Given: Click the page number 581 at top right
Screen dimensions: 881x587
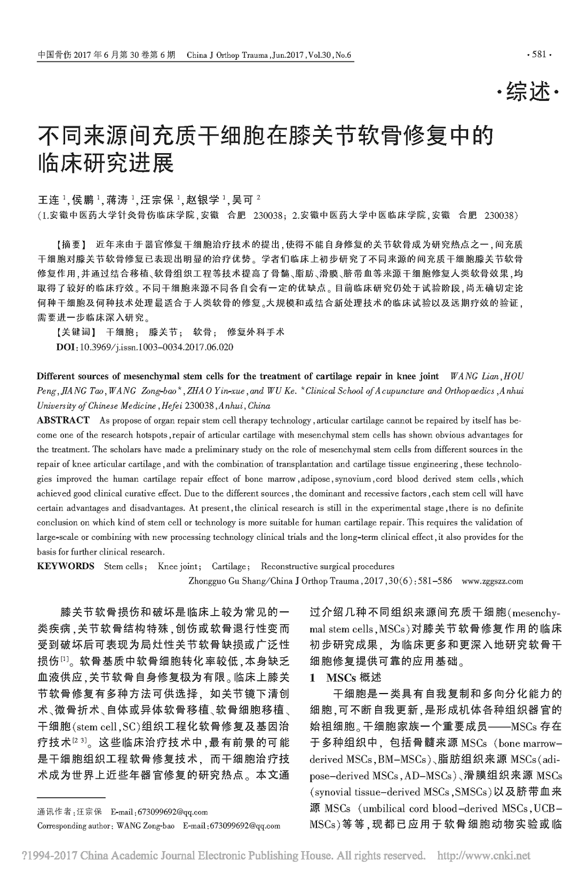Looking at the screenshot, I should [x=539, y=54].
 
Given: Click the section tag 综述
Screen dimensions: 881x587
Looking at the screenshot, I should [x=529, y=93].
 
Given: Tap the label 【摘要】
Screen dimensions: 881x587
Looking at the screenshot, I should [x=70, y=245].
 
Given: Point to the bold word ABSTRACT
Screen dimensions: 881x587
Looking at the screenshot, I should [x=63, y=420].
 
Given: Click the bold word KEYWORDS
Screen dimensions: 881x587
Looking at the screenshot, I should [x=66, y=566].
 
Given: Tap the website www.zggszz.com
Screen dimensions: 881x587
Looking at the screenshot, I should [x=492, y=581].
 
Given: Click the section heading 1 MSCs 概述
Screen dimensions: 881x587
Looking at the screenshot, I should [x=346, y=678].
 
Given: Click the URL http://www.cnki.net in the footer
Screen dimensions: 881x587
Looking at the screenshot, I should [x=483, y=856].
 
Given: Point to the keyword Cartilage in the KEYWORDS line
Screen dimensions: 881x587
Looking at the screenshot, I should [x=229, y=566].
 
